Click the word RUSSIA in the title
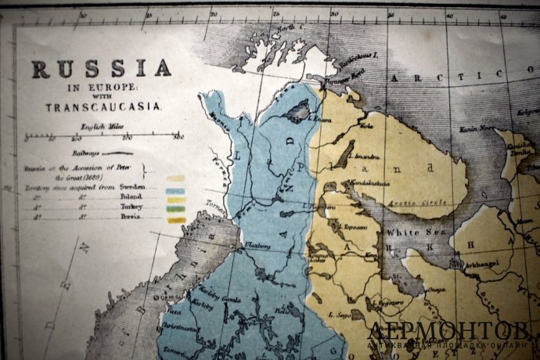pos(101,70)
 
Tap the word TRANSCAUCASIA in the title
pos(103,107)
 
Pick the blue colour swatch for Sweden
pos(175,190)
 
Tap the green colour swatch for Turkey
pos(175,210)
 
